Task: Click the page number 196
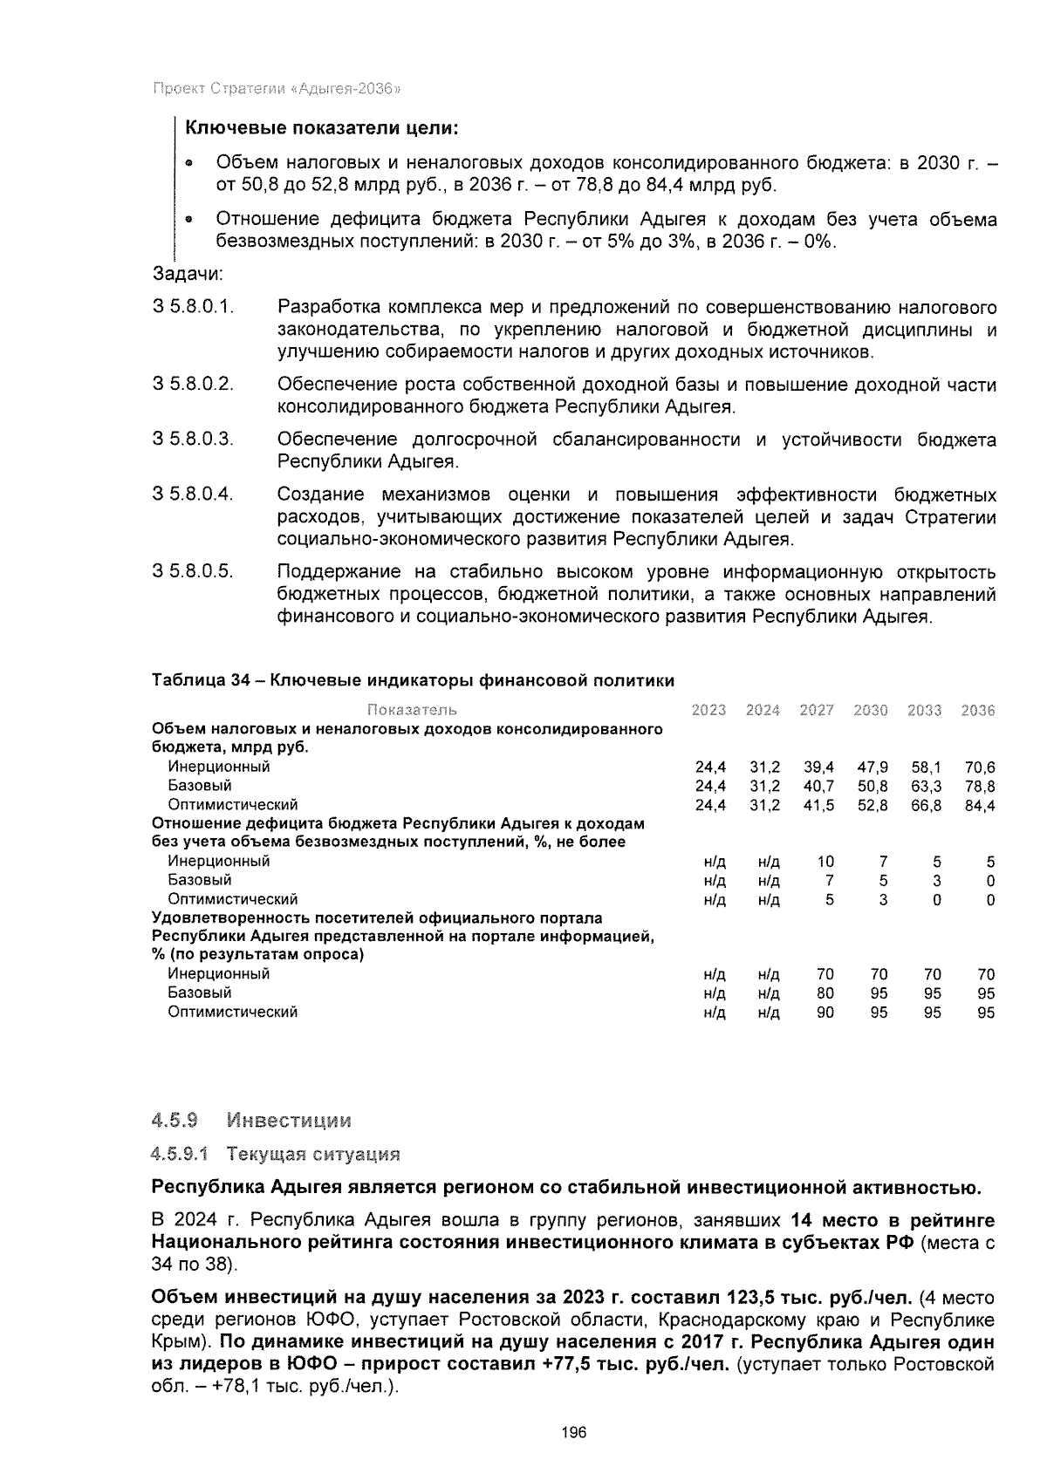[x=574, y=1433]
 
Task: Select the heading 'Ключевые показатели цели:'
[x=321, y=128]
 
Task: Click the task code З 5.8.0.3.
[x=193, y=440]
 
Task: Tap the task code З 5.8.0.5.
[x=193, y=572]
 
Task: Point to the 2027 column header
[x=817, y=711]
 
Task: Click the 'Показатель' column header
[x=412, y=711]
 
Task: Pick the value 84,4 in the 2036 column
[x=979, y=805]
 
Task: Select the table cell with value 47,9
[x=872, y=767]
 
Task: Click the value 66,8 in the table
[x=925, y=805]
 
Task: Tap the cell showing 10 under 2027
[x=825, y=862]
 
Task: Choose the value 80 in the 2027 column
[x=825, y=993]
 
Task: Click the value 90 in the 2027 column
[x=825, y=1013]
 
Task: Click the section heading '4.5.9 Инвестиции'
[x=251, y=1120]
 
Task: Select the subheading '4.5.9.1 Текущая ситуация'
[x=276, y=1155]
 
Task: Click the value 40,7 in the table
[x=818, y=786]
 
